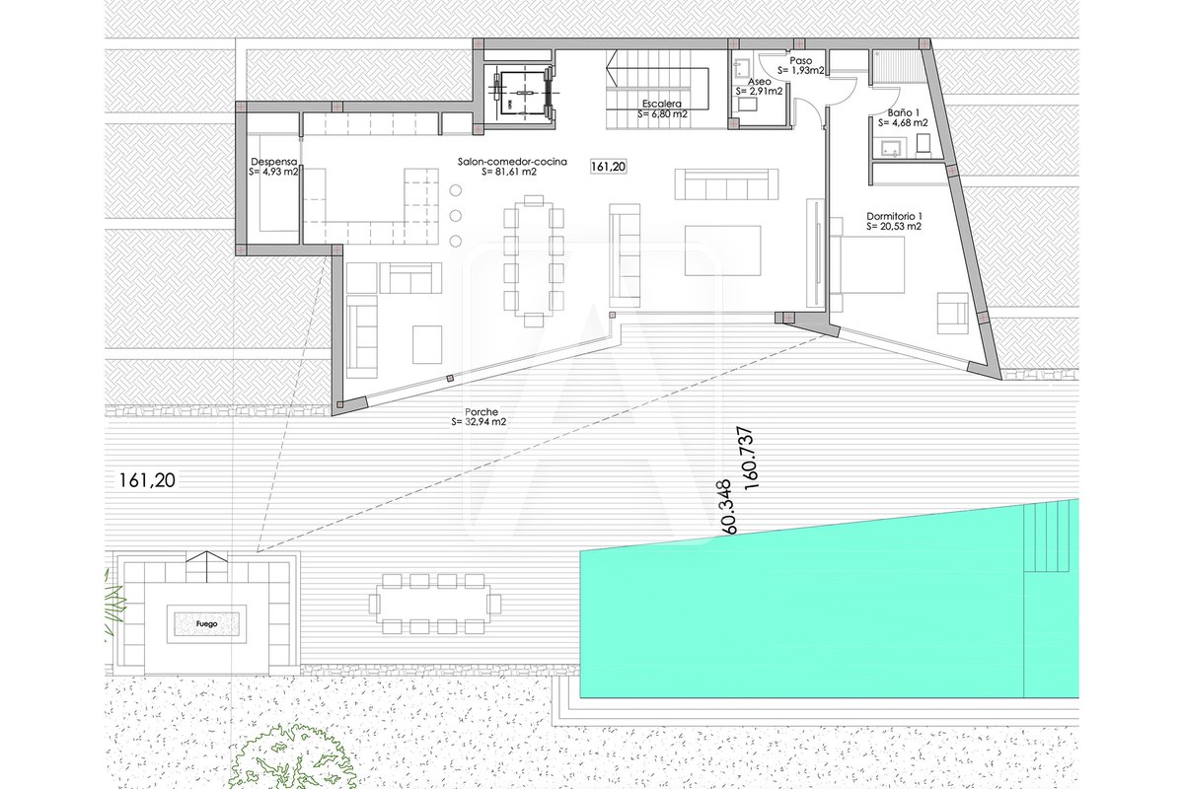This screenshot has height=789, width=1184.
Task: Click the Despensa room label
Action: coord(274,162)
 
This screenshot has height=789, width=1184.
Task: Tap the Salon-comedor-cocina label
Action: coord(512,162)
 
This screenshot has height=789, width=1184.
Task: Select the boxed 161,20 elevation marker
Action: coord(609,167)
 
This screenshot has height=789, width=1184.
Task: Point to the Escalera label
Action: coord(662,105)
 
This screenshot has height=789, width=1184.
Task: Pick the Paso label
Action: coord(801,61)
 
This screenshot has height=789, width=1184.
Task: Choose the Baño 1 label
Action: coord(904,112)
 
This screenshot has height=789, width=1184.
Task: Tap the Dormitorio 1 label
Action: coord(894,216)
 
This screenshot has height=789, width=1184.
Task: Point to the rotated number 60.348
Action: coord(724,507)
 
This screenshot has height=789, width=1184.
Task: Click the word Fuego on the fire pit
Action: coord(206,624)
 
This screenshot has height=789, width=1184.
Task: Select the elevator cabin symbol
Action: coord(523,94)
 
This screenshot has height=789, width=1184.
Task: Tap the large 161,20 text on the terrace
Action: coord(147,480)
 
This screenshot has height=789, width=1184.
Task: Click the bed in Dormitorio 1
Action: coord(867,264)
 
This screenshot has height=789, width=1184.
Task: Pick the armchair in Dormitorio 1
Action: coord(953,314)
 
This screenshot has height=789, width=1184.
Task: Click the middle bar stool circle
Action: coord(456,216)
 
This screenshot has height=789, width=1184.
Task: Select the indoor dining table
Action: coord(534,259)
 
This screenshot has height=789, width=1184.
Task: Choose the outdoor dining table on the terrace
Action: coord(435,603)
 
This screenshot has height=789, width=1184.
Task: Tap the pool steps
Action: coord(1047,537)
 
